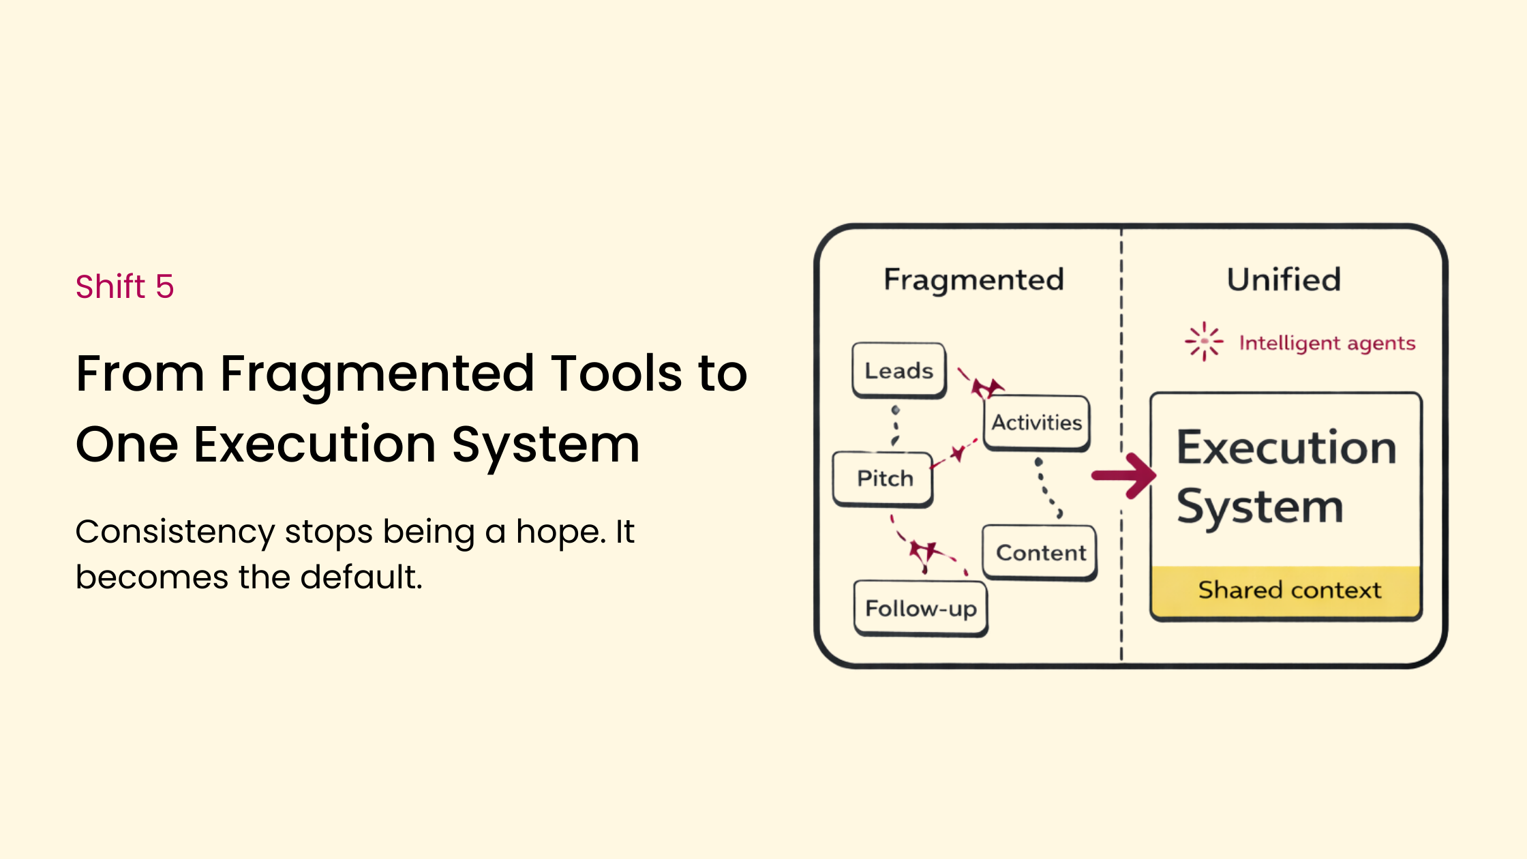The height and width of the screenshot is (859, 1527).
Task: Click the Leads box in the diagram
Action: click(898, 370)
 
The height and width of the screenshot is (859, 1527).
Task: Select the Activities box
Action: click(1036, 423)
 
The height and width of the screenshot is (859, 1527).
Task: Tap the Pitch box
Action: click(884, 479)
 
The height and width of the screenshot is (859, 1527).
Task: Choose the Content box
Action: click(1040, 552)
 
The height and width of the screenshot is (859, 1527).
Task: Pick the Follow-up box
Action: click(920, 608)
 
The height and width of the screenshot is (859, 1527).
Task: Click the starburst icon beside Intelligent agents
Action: click(1204, 341)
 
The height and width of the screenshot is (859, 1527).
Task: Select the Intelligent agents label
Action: click(1327, 343)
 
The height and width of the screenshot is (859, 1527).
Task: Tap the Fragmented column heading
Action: click(973, 280)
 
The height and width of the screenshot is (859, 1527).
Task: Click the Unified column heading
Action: click(1284, 280)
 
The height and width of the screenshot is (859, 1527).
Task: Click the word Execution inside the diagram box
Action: click(1286, 448)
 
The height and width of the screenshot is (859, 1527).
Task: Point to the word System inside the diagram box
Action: click(1260, 508)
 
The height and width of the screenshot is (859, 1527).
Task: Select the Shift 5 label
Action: click(125, 286)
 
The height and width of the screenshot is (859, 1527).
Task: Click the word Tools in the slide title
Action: click(616, 374)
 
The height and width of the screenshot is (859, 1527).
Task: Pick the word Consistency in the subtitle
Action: click(175, 532)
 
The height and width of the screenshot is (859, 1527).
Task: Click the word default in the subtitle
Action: click(361, 577)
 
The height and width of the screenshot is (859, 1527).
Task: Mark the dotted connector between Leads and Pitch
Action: click(896, 426)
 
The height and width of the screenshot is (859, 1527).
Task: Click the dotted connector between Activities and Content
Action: click(1046, 488)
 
